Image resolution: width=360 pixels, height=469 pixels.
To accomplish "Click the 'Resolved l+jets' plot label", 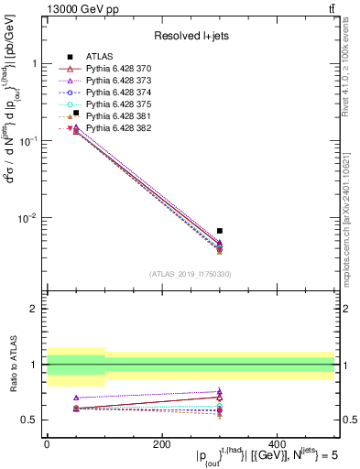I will (x=191, y=36).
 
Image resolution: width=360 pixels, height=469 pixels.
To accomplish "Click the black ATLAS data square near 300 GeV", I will (x=220, y=231).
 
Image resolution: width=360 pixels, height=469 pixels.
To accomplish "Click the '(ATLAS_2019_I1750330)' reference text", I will (x=191, y=274).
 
